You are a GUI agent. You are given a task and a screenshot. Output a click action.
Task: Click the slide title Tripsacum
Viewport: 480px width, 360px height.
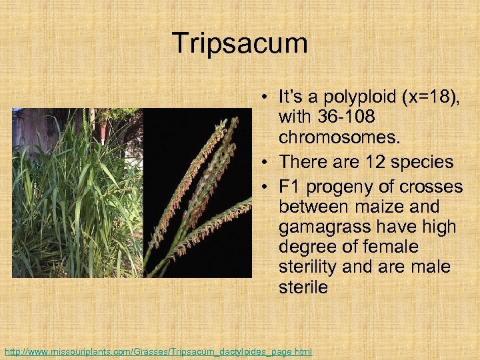point(240,44)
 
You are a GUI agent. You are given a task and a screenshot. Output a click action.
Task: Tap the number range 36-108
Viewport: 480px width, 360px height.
point(347,118)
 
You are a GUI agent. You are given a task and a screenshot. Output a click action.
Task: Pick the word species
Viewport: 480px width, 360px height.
point(420,162)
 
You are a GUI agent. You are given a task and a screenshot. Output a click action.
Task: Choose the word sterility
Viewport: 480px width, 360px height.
point(309,268)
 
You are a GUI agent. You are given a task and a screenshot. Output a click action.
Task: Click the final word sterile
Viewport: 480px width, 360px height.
point(303,288)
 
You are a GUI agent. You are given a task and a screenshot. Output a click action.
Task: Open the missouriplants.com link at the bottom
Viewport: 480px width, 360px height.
point(158,351)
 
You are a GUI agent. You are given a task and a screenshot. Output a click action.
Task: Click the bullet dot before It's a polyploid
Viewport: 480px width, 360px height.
point(266,98)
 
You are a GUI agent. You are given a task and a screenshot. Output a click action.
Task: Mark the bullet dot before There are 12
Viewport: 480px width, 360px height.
point(266,163)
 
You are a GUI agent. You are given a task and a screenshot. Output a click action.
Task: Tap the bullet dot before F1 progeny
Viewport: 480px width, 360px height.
point(266,187)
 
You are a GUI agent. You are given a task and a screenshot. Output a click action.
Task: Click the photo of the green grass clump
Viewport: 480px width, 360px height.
point(77,193)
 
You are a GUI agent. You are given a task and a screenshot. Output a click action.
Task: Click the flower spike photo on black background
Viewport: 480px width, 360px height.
point(198,193)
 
